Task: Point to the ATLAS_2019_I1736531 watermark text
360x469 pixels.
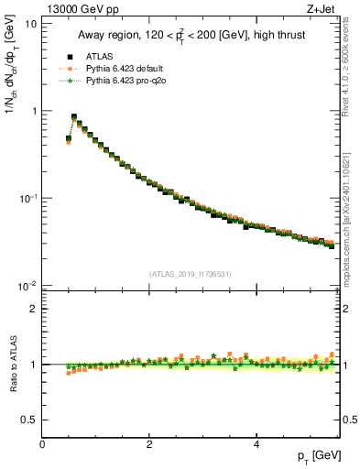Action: (190, 273)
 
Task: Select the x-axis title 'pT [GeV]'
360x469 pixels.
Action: (320, 455)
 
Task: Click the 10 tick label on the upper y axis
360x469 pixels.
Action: (30, 24)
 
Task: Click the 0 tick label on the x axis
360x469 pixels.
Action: (42, 443)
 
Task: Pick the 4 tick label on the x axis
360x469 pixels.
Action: (256, 443)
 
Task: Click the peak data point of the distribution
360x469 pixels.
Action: (74, 117)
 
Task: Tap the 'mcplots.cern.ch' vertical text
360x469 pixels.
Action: (351, 229)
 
